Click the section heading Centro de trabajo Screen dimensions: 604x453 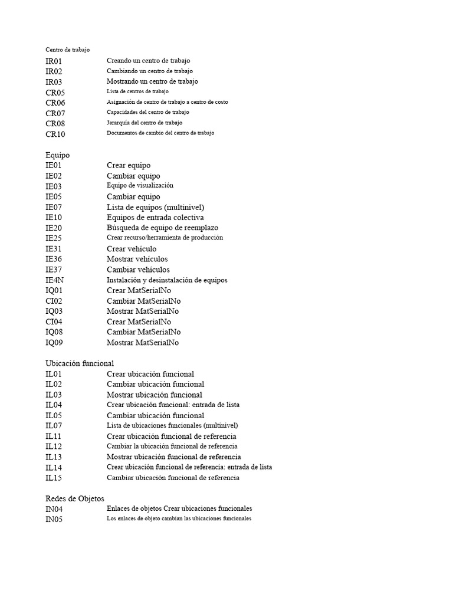[68, 50]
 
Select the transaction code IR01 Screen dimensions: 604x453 [54, 61]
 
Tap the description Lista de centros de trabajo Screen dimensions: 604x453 [137, 91]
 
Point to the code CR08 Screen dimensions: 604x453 [55, 123]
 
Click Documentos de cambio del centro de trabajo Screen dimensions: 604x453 [160, 133]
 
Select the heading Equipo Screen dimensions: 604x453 [58, 155]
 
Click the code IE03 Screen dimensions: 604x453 [53, 186]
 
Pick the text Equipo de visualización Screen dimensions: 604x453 [140, 186]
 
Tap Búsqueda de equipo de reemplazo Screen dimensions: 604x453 [162, 228]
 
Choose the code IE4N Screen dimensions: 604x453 [54, 280]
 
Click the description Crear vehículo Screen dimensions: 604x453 [132, 249]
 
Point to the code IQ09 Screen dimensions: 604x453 [54, 343]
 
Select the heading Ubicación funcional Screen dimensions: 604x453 [80, 363]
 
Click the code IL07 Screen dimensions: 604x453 [53, 426]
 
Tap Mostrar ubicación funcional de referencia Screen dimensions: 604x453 [173, 457]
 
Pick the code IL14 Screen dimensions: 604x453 [53, 468]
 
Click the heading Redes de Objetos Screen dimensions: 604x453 [75, 498]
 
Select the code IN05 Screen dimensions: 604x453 [54, 520]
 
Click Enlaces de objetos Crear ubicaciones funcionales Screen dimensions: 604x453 [179, 508]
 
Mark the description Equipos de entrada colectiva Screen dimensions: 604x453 [155, 218]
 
